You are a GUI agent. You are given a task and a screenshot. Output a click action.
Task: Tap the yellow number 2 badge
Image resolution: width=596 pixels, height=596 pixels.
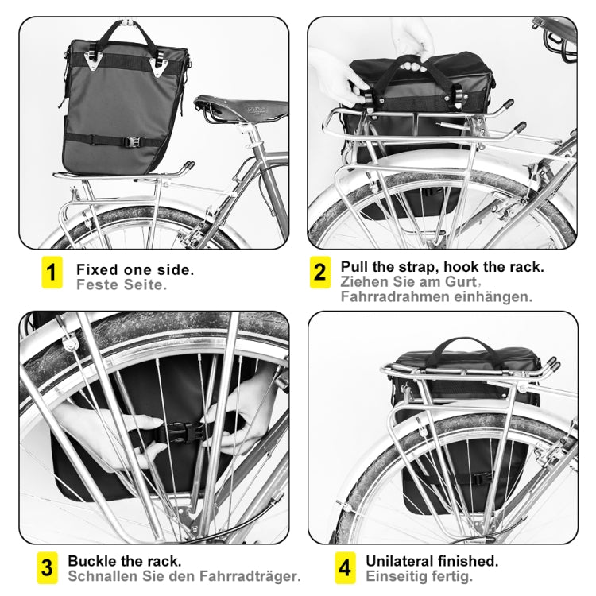(x=319, y=273)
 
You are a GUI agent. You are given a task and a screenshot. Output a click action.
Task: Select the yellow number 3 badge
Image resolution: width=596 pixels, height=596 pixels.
(x=47, y=567)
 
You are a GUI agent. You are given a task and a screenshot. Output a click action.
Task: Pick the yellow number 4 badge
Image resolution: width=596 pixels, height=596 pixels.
(x=344, y=567)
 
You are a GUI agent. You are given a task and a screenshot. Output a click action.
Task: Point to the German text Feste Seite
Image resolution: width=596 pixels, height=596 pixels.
(x=121, y=284)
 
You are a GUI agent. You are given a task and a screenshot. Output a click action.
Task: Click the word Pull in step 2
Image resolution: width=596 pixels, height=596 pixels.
(x=356, y=266)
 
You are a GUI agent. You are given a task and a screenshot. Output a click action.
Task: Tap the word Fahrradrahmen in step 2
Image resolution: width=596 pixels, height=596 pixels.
(x=389, y=296)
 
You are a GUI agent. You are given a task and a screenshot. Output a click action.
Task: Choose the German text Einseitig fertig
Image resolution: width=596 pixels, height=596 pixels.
(x=419, y=575)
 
